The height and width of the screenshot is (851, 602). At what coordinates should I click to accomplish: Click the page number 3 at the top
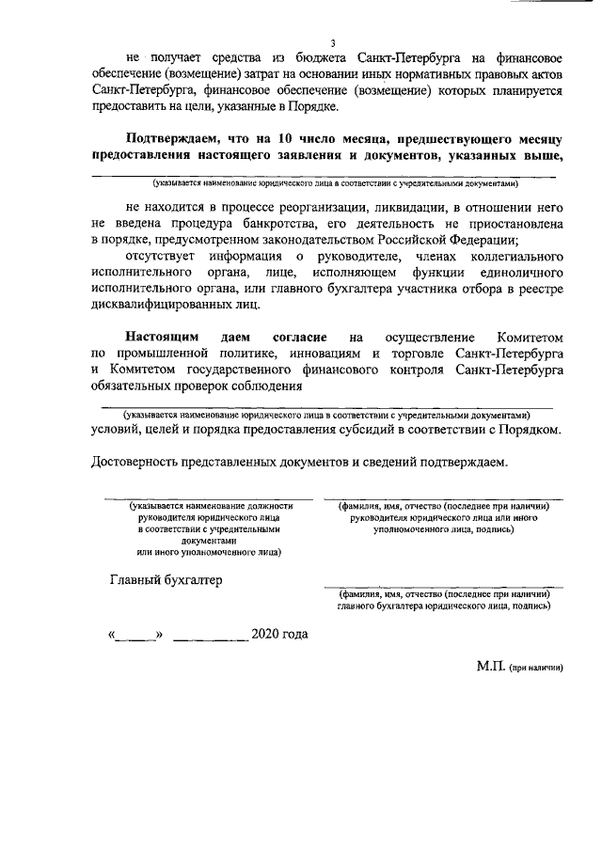click(x=333, y=43)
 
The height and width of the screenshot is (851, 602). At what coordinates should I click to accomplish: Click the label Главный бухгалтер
click(x=167, y=580)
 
